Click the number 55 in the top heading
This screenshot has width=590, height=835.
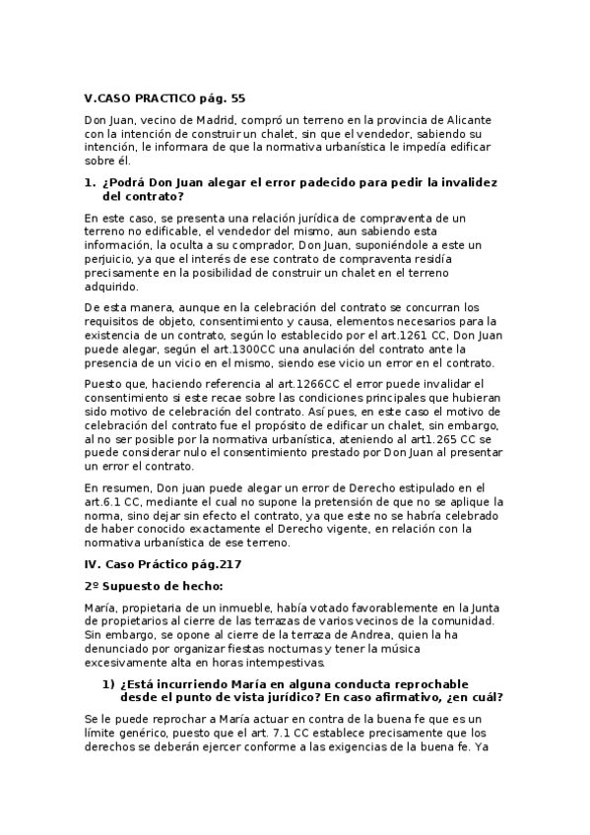237,98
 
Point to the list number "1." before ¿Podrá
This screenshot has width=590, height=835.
90,183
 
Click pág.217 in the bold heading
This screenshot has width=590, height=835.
202,564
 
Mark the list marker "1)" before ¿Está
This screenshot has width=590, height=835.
109,683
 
